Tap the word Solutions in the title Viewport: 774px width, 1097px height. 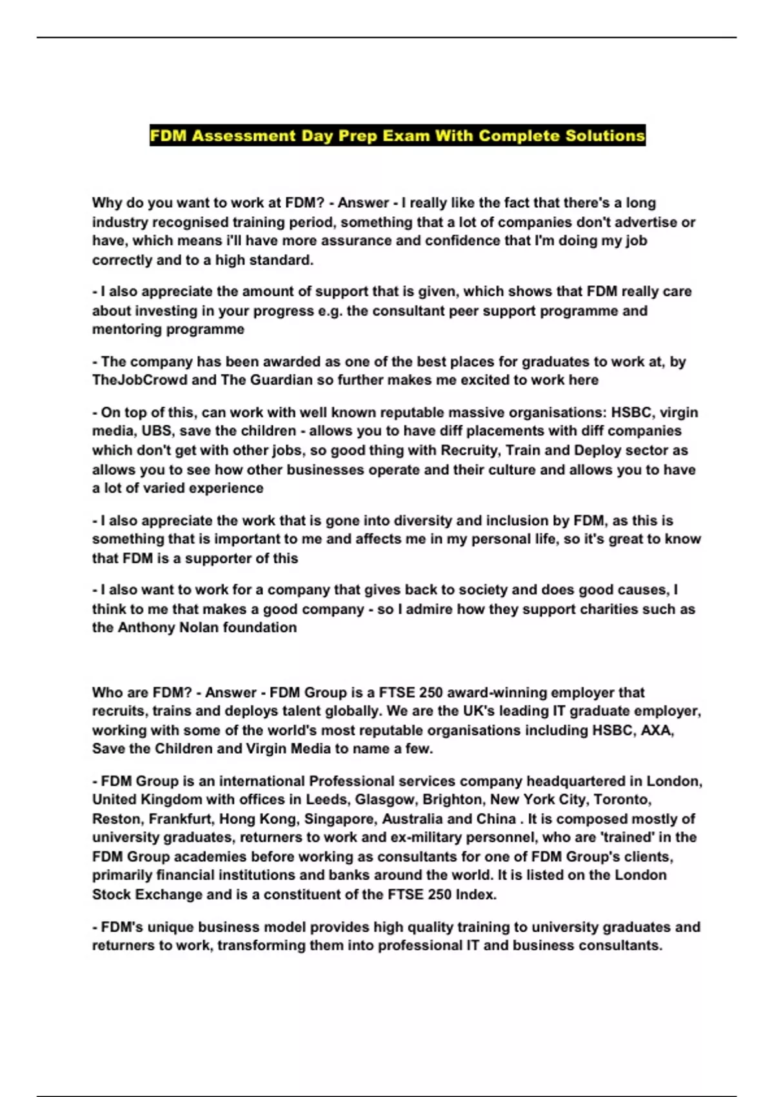(x=605, y=136)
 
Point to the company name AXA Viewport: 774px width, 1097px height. (x=657, y=730)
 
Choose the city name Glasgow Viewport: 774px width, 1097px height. (x=384, y=800)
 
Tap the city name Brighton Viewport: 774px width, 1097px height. (x=451, y=800)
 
